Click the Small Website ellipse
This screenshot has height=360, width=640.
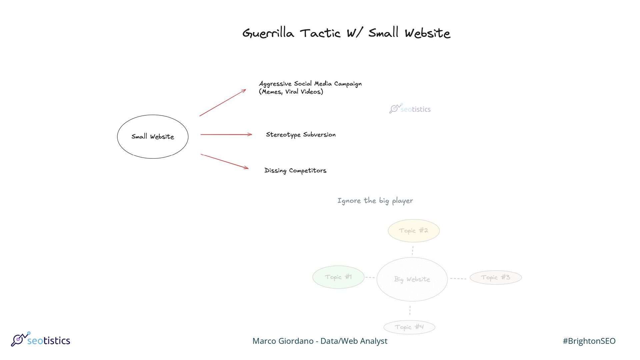pos(153,137)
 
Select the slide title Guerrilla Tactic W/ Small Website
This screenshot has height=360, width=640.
pos(346,33)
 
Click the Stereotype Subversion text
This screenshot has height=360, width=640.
pos(301,135)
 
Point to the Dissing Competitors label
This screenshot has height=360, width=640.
pos(295,170)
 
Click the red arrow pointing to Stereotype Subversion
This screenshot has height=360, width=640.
pos(226,134)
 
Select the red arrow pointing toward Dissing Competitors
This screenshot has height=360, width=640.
pos(224,161)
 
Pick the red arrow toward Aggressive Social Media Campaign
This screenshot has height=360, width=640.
pos(222,103)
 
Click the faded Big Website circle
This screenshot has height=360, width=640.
pos(412,279)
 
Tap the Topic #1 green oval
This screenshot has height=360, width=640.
pos(338,277)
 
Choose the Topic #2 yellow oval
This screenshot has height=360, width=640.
pos(413,231)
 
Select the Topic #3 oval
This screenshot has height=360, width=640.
pos(496,277)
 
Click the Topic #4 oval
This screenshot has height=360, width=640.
pos(409,327)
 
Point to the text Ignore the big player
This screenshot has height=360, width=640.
pos(375,201)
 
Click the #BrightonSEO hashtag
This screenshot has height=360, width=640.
pos(589,341)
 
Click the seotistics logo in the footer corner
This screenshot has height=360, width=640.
pos(41,340)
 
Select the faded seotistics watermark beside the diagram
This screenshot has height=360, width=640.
pos(410,109)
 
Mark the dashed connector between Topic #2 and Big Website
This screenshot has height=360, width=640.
pos(413,250)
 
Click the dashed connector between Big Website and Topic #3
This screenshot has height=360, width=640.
pos(458,278)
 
